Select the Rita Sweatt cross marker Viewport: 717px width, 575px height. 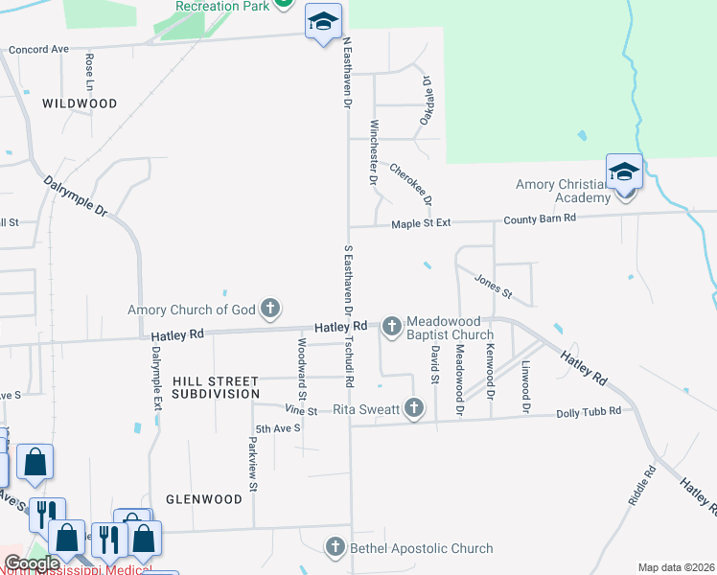coord(414,409)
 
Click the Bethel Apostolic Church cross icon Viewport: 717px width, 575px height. coord(335,548)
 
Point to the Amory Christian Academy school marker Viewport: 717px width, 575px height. coord(624,173)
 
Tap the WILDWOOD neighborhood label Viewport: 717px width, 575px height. coord(80,103)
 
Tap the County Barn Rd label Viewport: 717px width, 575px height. coord(540,218)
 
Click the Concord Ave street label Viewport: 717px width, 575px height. coord(39,49)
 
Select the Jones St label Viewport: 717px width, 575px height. coord(494,286)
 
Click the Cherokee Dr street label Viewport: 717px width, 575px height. coord(411,183)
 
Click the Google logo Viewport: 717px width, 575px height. coord(32,564)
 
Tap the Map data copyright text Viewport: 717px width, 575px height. coord(676,567)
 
